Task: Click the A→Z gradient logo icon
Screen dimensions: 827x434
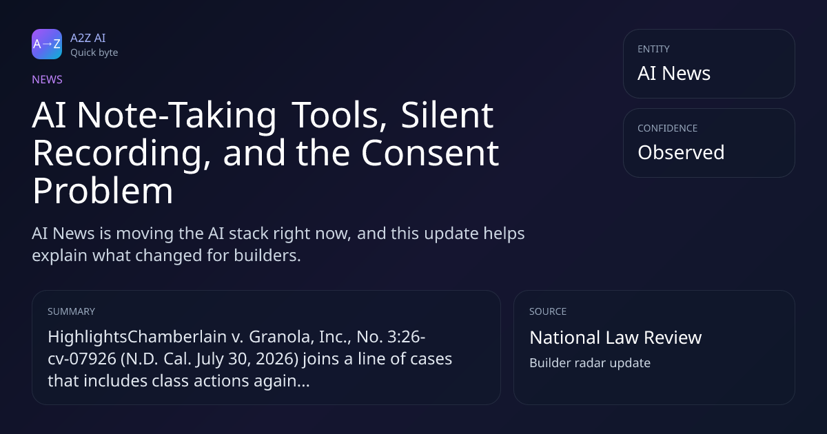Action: tap(47, 44)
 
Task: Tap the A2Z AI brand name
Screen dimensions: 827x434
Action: tap(88, 38)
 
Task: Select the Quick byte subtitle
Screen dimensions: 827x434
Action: tap(94, 53)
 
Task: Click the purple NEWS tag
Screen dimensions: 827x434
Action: tap(48, 80)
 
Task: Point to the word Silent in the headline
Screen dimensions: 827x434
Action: tap(447, 116)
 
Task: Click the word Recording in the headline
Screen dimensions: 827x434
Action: tap(121, 154)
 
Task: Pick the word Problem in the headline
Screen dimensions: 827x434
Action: tap(103, 192)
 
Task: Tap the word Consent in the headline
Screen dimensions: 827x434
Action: tap(430, 153)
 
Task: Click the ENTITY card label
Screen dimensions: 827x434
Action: tap(653, 49)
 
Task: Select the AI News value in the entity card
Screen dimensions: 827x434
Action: tap(674, 73)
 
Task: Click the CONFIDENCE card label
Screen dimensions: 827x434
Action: tap(668, 128)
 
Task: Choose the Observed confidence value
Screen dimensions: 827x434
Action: tap(681, 152)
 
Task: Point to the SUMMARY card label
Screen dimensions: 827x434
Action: tap(71, 311)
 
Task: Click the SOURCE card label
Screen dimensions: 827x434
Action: tap(548, 311)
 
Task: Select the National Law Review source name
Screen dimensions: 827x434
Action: tap(615, 338)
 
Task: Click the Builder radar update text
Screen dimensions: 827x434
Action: tap(590, 363)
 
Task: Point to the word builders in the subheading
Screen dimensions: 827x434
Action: tap(267, 256)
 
